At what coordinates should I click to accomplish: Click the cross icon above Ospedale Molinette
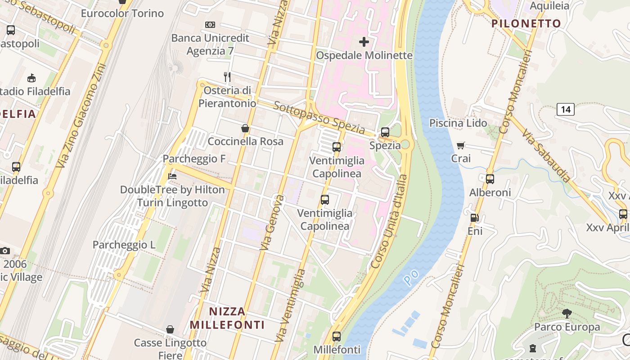[364, 42]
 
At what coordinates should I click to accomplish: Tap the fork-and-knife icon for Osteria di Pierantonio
[227, 77]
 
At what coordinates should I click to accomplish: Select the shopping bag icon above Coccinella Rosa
[245, 128]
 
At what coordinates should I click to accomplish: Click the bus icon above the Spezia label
[385, 132]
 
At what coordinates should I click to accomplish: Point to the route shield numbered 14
[566, 109]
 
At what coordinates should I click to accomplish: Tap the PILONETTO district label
[526, 23]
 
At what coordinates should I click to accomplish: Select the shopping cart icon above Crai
[461, 145]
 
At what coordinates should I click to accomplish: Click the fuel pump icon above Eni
[474, 218]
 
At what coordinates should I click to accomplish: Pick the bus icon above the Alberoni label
[490, 179]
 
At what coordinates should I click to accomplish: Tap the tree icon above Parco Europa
[567, 314]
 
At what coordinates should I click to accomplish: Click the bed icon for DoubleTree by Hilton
[172, 176]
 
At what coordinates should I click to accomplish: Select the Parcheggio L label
[124, 245]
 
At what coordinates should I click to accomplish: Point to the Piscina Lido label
[458, 123]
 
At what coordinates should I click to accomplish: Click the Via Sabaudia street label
[546, 155]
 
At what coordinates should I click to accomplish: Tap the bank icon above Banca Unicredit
[210, 24]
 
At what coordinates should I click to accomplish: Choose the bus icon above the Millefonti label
[337, 336]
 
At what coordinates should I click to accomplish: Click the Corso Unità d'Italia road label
[389, 221]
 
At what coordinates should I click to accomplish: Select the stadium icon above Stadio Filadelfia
[31, 78]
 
